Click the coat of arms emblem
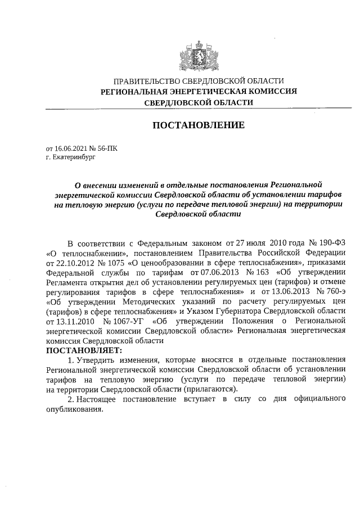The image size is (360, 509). click(x=199, y=54)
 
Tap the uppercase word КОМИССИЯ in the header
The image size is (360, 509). click(x=272, y=91)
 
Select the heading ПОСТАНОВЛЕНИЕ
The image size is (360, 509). click(x=199, y=125)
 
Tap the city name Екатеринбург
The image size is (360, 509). click(x=74, y=158)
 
